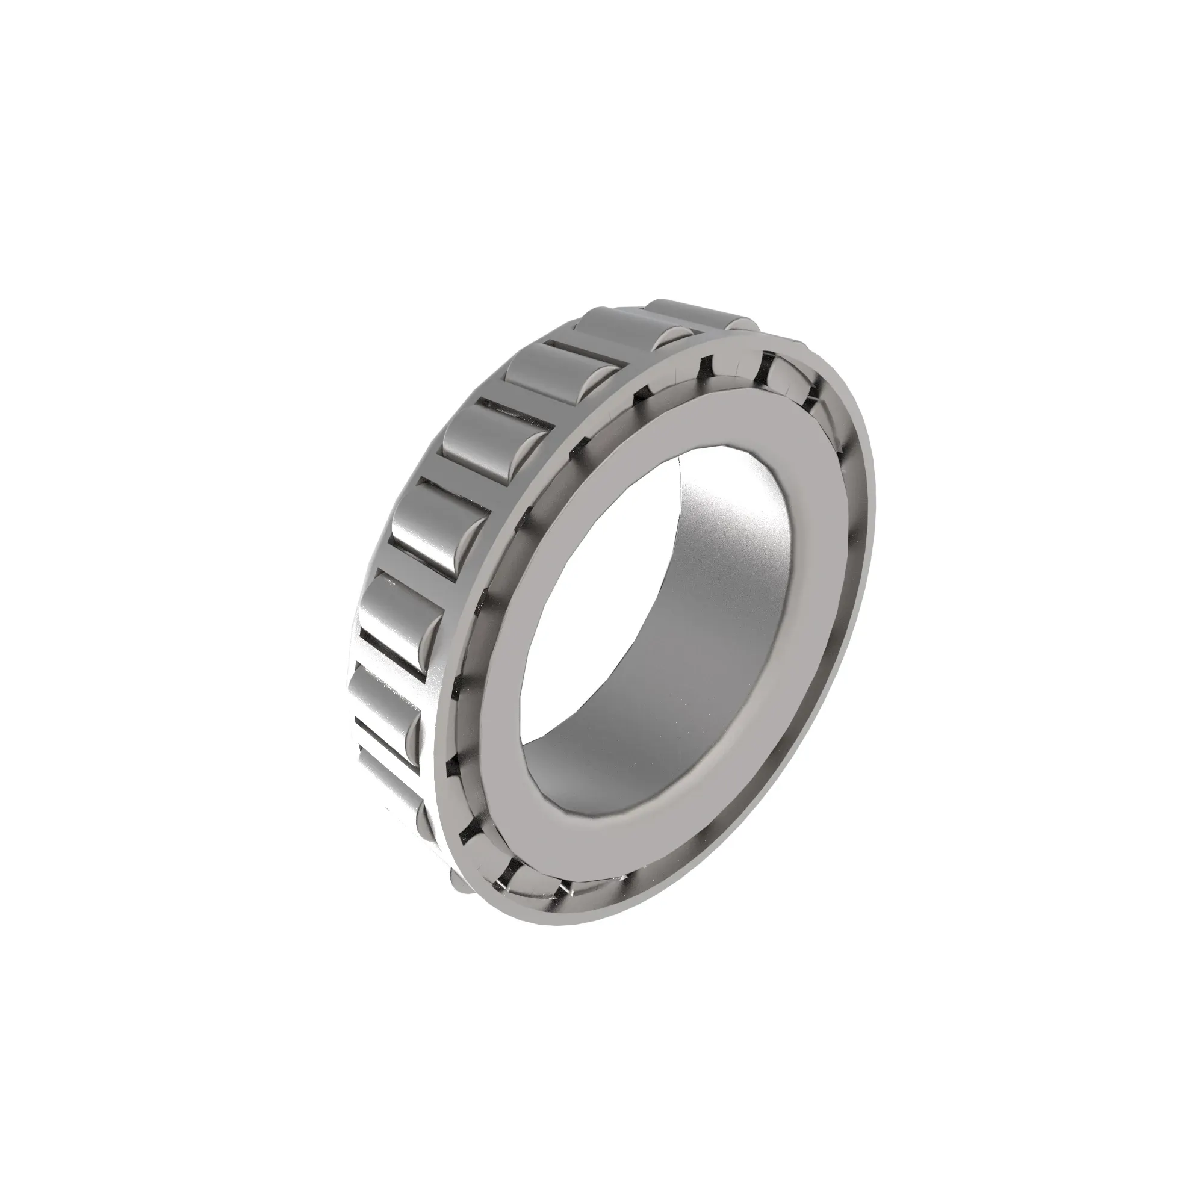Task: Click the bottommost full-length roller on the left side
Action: pos(386,779)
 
